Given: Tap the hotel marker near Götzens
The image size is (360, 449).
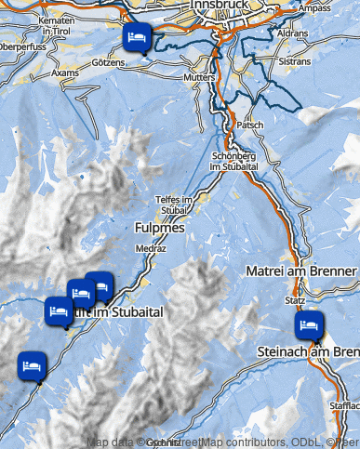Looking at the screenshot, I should click(x=136, y=37).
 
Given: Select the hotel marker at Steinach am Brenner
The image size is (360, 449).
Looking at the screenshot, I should click(x=308, y=325).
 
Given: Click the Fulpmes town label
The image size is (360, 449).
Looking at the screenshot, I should click(x=160, y=228).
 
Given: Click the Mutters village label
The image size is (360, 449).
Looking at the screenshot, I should click(x=200, y=78).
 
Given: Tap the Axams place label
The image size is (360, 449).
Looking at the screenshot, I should click(x=66, y=72).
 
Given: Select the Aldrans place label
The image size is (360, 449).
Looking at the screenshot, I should click(x=293, y=32).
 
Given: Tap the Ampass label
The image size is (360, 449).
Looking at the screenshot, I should click(x=316, y=8).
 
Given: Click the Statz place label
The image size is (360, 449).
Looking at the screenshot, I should click(x=296, y=301).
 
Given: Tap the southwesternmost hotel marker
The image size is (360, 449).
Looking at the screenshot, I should click(x=33, y=364).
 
